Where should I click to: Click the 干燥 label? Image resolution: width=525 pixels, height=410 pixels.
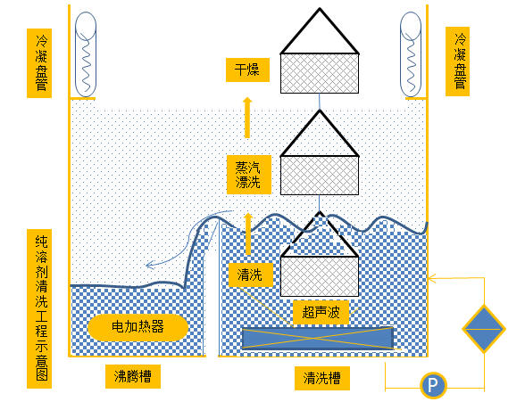[x=247, y=70]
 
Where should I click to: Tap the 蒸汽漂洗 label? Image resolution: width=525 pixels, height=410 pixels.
[x=249, y=175]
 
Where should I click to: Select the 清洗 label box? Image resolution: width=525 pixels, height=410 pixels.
[x=250, y=275]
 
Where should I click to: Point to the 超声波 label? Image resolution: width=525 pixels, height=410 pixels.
[x=321, y=312]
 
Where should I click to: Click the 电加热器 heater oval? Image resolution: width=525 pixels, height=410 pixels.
[x=137, y=327]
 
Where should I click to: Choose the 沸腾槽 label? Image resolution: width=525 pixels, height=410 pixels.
[x=133, y=377]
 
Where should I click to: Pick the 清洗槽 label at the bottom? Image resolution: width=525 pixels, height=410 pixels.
[x=322, y=378]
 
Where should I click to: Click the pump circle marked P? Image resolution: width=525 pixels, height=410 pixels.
[x=433, y=385]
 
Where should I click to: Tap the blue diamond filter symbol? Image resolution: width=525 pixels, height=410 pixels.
[x=484, y=329]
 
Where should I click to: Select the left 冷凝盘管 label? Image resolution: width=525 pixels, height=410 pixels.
[x=39, y=63]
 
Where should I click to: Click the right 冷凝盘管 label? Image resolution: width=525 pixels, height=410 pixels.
[x=458, y=61]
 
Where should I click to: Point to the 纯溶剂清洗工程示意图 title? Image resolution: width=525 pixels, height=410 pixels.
[x=39, y=308]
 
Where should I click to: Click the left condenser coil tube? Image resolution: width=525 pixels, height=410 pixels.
[x=86, y=54]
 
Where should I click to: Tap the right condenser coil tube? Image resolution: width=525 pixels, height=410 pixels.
[x=411, y=54]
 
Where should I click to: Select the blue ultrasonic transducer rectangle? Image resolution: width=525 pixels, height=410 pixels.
[x=318, y=338]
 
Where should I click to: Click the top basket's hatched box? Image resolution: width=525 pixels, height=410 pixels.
[x=320, y=73]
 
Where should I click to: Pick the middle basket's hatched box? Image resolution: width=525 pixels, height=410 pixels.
[x=320, y=176]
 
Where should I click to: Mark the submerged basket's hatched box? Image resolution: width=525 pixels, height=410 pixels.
[x=320, y=276]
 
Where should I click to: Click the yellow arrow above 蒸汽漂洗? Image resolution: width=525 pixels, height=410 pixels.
[x=247, y=118]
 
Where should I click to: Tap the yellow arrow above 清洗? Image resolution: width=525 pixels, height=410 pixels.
[x=248, y=234]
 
